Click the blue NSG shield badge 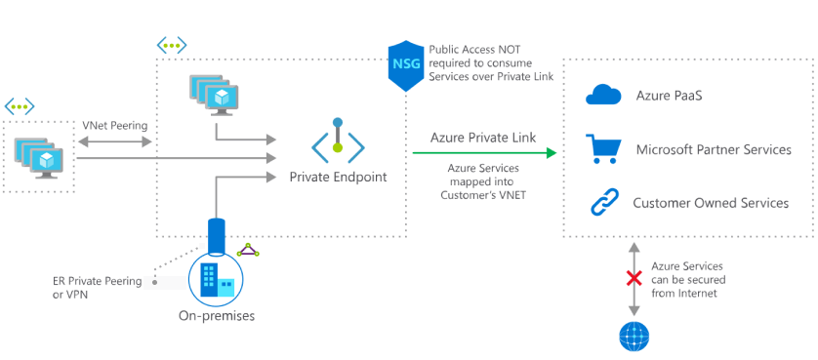404,65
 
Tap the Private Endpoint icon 338,142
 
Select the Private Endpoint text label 338,178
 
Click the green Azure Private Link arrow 484,153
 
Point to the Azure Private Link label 482,138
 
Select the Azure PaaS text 670,96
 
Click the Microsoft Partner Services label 713,149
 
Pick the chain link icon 603,203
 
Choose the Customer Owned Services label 711,203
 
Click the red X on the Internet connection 633,279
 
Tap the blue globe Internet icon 634,336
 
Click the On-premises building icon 216,278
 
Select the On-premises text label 217,315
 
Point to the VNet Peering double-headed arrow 115,142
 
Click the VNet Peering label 115,126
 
